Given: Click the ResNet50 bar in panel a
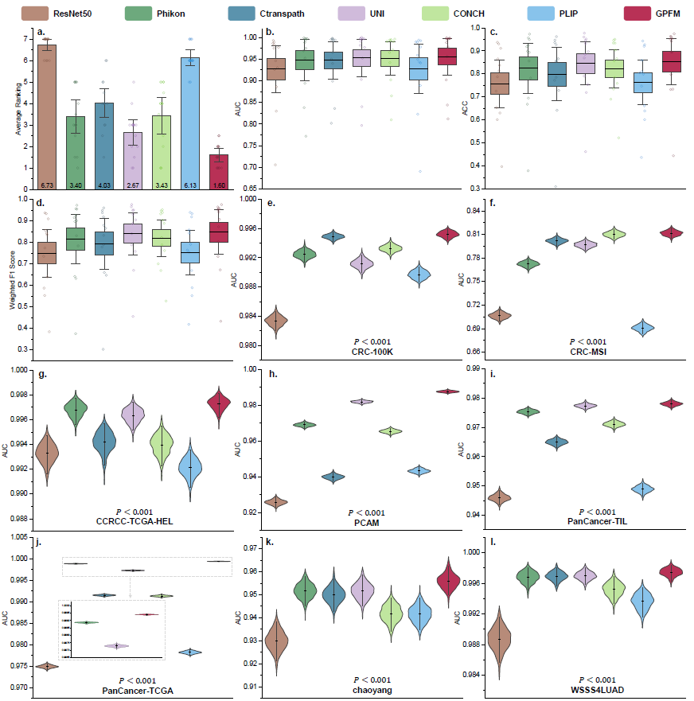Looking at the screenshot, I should coord(46,111).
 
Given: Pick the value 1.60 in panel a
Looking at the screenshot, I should coord(218,185).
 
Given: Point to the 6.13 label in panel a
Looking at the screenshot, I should coord(189,185).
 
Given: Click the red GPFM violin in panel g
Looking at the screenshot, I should coord(218,402).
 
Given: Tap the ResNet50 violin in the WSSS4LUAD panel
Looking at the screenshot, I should coord(500,637).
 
